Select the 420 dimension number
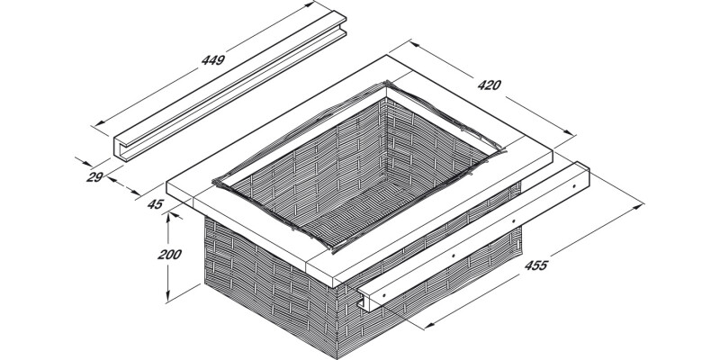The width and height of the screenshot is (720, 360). pos(489,86)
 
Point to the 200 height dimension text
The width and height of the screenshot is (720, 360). pos(169,255)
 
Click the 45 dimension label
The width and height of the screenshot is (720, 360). pos(154,205)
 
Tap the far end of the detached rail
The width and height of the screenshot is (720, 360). pos(337,20)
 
